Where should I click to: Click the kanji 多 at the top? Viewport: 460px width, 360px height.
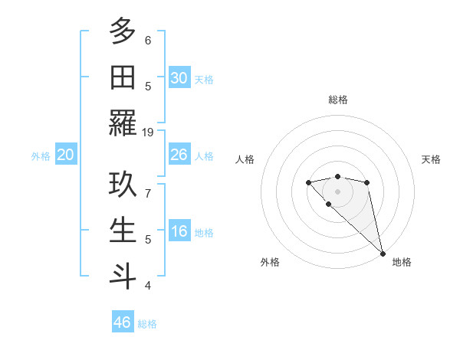tap(123, 32)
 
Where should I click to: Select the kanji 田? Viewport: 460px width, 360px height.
tap(123, 77)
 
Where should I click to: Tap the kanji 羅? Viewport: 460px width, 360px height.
tap(123, 123)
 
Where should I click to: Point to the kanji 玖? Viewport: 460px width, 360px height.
tap(123, 185)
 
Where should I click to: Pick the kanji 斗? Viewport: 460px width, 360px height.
tap(123, 276)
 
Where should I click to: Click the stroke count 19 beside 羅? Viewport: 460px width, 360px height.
tap(148, 132)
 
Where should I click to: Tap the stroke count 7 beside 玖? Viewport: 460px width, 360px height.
tap(148, 194)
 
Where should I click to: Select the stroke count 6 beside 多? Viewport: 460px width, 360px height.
tap(148, 41)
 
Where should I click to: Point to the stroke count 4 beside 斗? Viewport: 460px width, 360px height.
tap(148, 285)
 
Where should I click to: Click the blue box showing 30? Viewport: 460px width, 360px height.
tap(179, 78)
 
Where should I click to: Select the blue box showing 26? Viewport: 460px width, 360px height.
tap(179, 155)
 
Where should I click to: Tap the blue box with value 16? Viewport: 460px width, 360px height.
tap(179, 231)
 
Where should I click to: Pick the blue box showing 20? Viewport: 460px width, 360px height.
tap(66, 155)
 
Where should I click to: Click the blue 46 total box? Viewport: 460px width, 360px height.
tap(123, 322)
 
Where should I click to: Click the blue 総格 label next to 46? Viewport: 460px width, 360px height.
tap(147, 324)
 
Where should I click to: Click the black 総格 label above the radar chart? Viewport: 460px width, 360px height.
tap(337, 100)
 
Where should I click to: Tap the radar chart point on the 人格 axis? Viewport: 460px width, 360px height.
tap(308, 182)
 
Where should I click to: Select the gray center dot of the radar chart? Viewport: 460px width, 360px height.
tap(337, 191)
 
